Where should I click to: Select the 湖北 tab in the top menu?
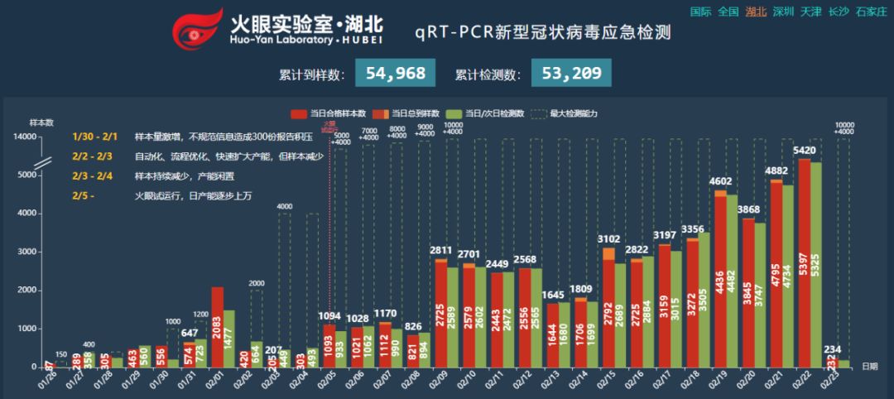(x=756, y=12)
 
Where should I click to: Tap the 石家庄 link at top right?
(x=872, y=12)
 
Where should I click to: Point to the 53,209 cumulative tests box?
(x=571, y=74)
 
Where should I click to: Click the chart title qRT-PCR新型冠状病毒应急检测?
(x=542, y=32)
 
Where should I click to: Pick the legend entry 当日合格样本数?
(x=329, y=113)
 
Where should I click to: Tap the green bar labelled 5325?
(x=816, y=264)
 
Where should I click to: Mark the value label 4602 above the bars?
(x=721, y=180)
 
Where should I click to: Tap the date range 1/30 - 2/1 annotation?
(x=94, y=137)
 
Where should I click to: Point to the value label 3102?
(x=608, y=238)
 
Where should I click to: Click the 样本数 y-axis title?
(x=41, y=123)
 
